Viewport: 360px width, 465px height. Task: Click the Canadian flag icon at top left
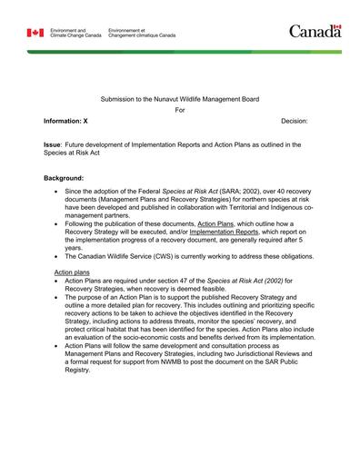click(35, 33)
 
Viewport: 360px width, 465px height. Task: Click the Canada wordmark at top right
click(315, 32)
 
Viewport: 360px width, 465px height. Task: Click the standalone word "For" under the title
click(179, 109)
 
